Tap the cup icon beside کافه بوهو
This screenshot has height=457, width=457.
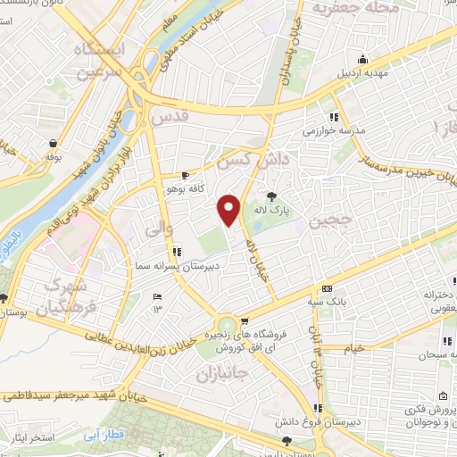(184, 175)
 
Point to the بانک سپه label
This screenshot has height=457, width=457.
(326, 302)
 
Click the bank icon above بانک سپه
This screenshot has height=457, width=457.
(327, 288)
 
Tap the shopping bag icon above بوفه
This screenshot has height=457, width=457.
(54, 143)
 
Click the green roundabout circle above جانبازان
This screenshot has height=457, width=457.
(228, 324)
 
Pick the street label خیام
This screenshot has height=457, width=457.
(354, 348)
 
